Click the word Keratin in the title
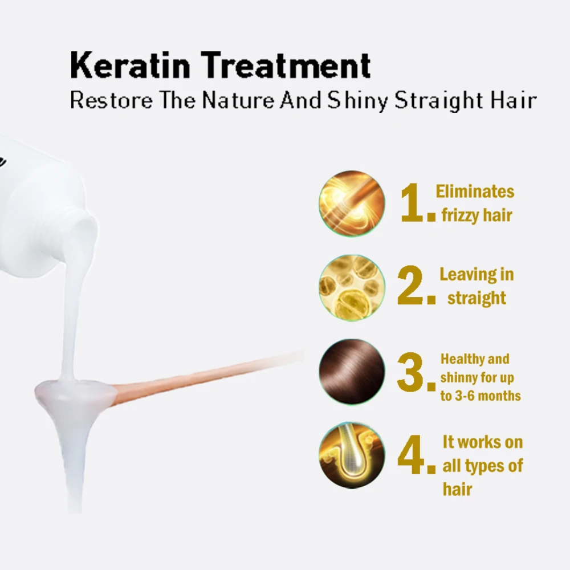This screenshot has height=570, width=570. [x=130, y=65]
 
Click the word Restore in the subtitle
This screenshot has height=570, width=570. [x=112, y=100]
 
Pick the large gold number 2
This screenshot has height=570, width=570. [x=413, y=287]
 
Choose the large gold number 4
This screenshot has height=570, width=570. [x=413, y=457]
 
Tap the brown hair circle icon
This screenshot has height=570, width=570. [x=352, y=372]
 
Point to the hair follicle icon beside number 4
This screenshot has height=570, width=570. [x=352, y=455]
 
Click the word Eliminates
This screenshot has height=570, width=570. [x=475, y=192]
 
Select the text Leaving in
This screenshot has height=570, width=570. [x=477, y=275]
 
